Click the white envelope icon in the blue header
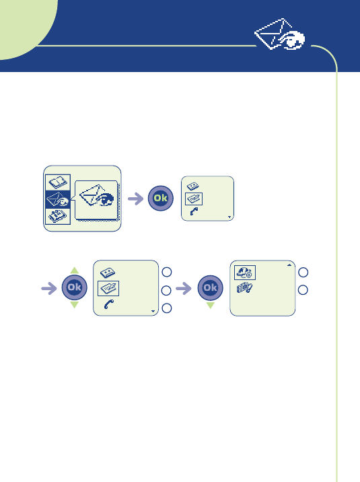pyautogui.click(x=279, y=34)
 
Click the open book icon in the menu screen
pyautogui.click(x=58, y=182)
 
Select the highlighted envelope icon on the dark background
pyautogui.click(x=58, y=199)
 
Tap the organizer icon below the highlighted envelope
pyautogui.click(x=58, y=216)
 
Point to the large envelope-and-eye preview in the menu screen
pyautogui.click(x=96, y=196)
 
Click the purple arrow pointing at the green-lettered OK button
pyautogui.click(x=135, y=199)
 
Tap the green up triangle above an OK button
pyautogui.click(x=74, y=271)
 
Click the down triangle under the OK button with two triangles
pyautogui.click(x=74, y=305)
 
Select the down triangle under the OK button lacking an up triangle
pyautogui.click(x=211, y=305)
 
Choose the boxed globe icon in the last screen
pyautogui.click(x=245, y=273)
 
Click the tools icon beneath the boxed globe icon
pyautogui.click(x=244, y=288)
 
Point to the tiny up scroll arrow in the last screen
pyautogui.click(x=289, y=265)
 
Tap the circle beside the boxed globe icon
pyautogui.click(x=303, y=272)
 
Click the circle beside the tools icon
pyautogui.click(x=303, y=290)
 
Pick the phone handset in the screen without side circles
pyautogui.click(x=194, y=211)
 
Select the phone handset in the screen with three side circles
pyautogui.click(x=109, y=304)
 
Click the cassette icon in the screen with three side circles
pyautogui.click(x=108, y=272)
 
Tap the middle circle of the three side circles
pyautogui.click(x=166, y=291)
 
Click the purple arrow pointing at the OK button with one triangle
pyautogui.click(x=184, y=288)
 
